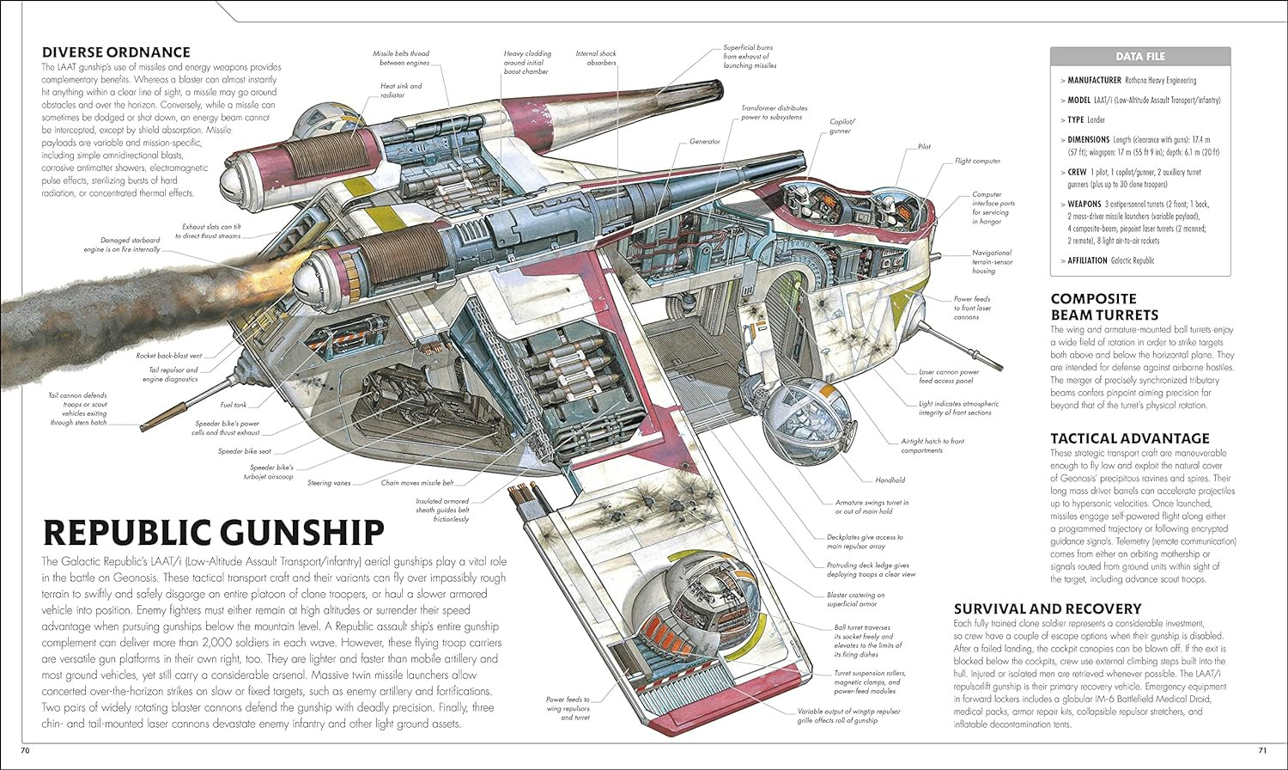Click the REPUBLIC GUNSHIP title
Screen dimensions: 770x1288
point(213,533)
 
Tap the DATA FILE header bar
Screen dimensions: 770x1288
point(1139,57)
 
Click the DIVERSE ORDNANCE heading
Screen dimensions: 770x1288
point(116,52)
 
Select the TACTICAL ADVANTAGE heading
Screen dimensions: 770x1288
point(1129,438)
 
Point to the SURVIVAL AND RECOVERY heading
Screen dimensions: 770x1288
point(1047,608)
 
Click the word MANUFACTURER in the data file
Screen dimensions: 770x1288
point(1094,80)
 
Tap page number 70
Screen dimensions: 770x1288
point(25,752)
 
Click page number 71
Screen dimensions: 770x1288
point(1261,752)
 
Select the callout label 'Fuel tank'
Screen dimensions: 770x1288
point(233,405)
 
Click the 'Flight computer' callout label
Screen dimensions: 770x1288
point(977,161)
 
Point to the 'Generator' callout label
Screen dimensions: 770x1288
point(704,141)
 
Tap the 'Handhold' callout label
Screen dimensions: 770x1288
point(890,480)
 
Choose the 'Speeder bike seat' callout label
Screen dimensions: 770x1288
point(244,451)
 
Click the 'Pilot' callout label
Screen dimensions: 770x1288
point(924,147)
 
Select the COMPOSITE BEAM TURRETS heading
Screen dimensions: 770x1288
point(1104,307)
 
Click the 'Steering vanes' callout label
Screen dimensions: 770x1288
point(329,483)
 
